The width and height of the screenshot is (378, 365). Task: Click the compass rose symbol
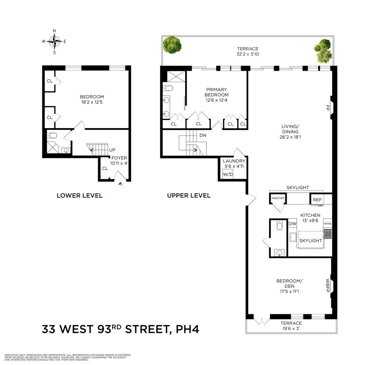tap(54, 41)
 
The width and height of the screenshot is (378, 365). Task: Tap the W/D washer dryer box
tap(228, 174)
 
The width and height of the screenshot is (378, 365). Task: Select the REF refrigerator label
tap(317, 200)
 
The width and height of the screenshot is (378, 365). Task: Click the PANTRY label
tap(277, 198)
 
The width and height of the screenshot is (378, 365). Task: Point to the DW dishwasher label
tap(292, 224)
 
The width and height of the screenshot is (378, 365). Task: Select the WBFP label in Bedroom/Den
tap(328, 286)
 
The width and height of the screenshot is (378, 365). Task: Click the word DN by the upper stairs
tap(203, 135)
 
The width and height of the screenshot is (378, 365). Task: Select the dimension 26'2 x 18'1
tap(290, 137)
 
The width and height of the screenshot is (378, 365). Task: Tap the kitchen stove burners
tap(328, 234)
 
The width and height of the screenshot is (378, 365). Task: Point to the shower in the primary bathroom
tap(176, 76)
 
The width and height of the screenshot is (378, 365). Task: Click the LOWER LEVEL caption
tap(80, 196)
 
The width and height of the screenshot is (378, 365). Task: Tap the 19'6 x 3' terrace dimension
tap(291, 328)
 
